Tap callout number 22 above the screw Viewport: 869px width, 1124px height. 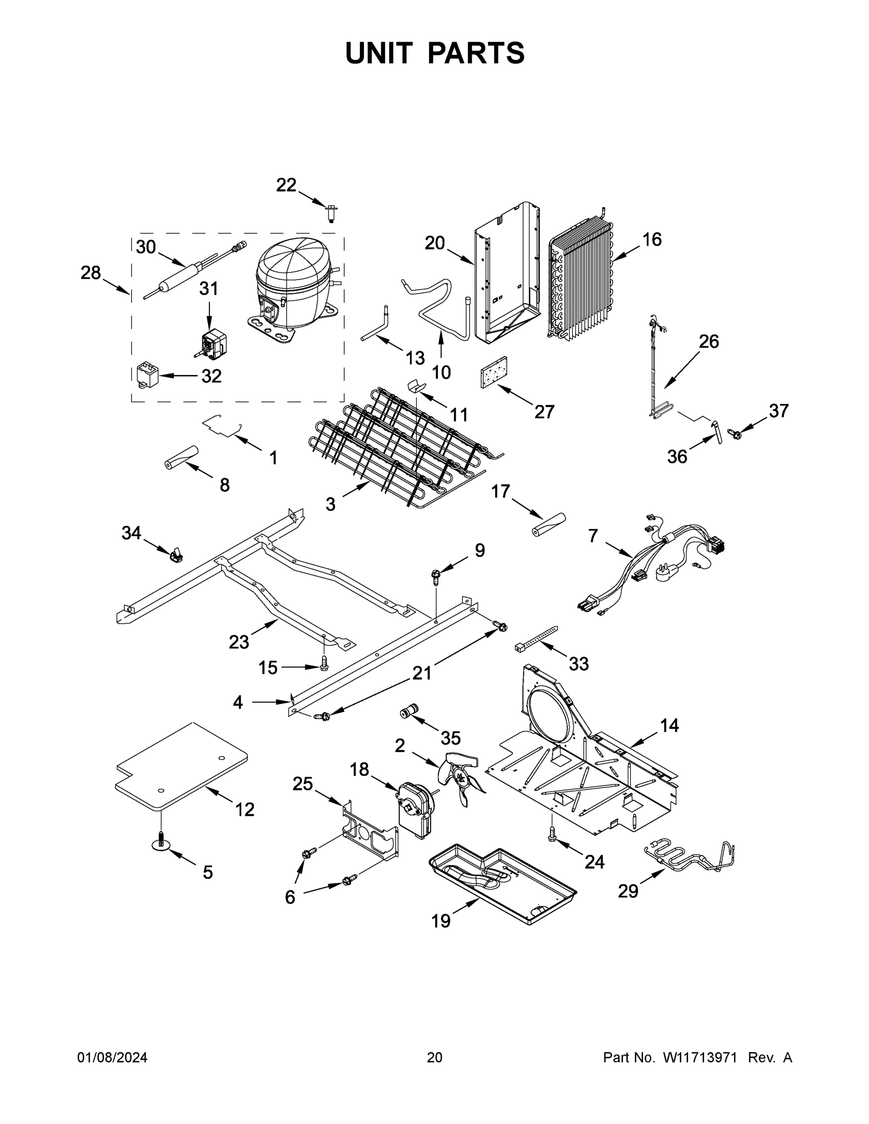pyautogui.click(x=286, y=185)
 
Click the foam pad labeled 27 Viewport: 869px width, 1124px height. pyautogui.click(x=494, y=373)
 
